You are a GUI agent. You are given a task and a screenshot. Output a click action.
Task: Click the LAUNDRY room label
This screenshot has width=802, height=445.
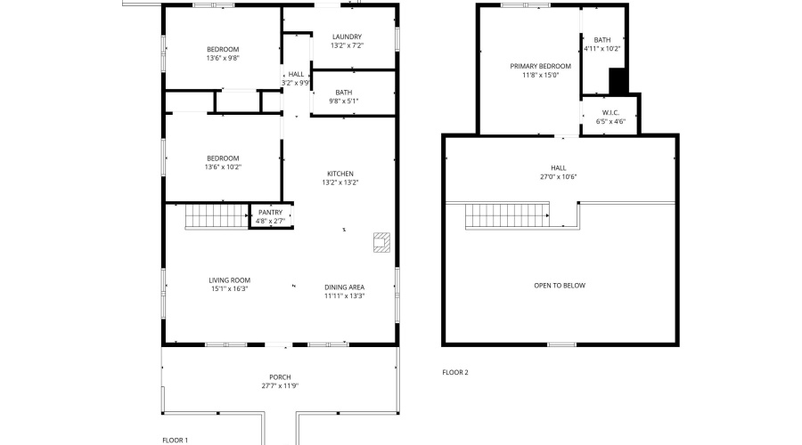(347, 36)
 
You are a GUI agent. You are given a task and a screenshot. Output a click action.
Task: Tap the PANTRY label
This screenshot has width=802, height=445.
(270, 213)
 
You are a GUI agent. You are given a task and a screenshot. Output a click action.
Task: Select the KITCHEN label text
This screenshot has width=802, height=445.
(340, 174)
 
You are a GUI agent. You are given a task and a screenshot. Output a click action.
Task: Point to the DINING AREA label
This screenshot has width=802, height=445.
(344, 287)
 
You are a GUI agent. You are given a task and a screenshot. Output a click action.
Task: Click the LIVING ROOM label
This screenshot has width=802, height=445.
(229, 280)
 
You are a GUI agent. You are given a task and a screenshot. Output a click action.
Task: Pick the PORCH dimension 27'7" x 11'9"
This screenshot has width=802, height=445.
(280, 385)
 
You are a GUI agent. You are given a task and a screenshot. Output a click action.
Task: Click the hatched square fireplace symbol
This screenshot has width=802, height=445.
(381, 242)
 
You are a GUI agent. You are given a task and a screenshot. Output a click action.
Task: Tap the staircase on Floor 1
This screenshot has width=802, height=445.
(217, 215)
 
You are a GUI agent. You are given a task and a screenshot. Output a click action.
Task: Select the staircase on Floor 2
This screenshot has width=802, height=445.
(507, 215)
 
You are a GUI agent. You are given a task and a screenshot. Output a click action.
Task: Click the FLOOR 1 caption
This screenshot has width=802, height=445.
(175, 441)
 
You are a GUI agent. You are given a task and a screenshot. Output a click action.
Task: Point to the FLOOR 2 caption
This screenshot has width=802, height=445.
(455, 372)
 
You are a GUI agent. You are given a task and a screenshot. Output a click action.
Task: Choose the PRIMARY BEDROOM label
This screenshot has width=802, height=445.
(540, 67)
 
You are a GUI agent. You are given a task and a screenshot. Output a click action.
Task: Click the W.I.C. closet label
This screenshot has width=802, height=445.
(610, 113)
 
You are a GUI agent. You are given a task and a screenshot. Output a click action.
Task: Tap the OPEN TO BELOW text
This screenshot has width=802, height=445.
(560, 286)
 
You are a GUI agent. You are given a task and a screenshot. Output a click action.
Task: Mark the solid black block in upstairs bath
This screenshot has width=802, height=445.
(618, 81)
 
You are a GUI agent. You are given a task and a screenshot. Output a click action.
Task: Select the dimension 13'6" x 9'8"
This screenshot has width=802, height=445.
(223, 58)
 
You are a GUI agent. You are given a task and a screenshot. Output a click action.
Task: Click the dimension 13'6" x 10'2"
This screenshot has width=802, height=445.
(223, 167)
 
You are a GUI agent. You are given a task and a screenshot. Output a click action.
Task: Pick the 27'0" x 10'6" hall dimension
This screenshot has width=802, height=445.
(558, 177)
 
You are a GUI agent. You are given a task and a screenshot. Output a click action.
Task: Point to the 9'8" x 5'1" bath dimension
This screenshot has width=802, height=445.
(343, 101)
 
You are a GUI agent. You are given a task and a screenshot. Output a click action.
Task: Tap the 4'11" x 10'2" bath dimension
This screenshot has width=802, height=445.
(602, 49)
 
